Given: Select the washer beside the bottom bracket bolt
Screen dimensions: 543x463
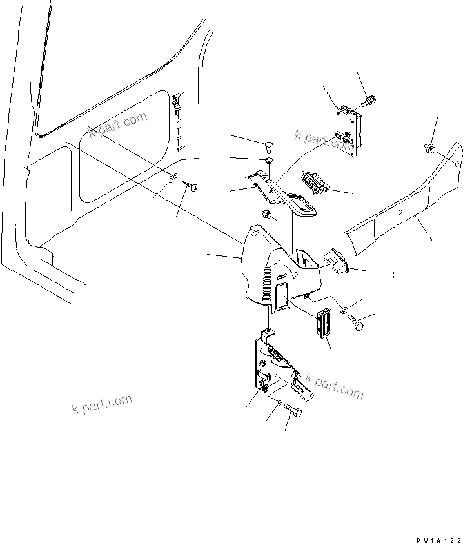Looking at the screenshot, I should tap(279, 402).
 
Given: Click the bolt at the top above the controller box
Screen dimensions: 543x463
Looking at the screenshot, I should tap(371, 100).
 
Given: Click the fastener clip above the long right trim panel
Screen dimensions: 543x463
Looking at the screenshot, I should tap(428, 149).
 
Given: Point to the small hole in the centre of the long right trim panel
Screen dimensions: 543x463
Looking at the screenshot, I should tap(400, 212).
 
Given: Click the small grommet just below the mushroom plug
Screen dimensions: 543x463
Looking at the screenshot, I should tap(269, 159).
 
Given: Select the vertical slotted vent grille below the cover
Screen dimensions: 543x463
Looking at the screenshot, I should tap(324, 322).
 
